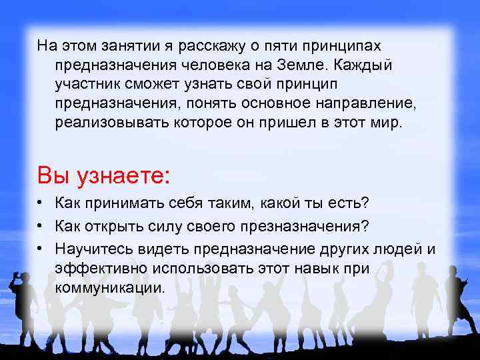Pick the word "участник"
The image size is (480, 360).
[x=86, y=85]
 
